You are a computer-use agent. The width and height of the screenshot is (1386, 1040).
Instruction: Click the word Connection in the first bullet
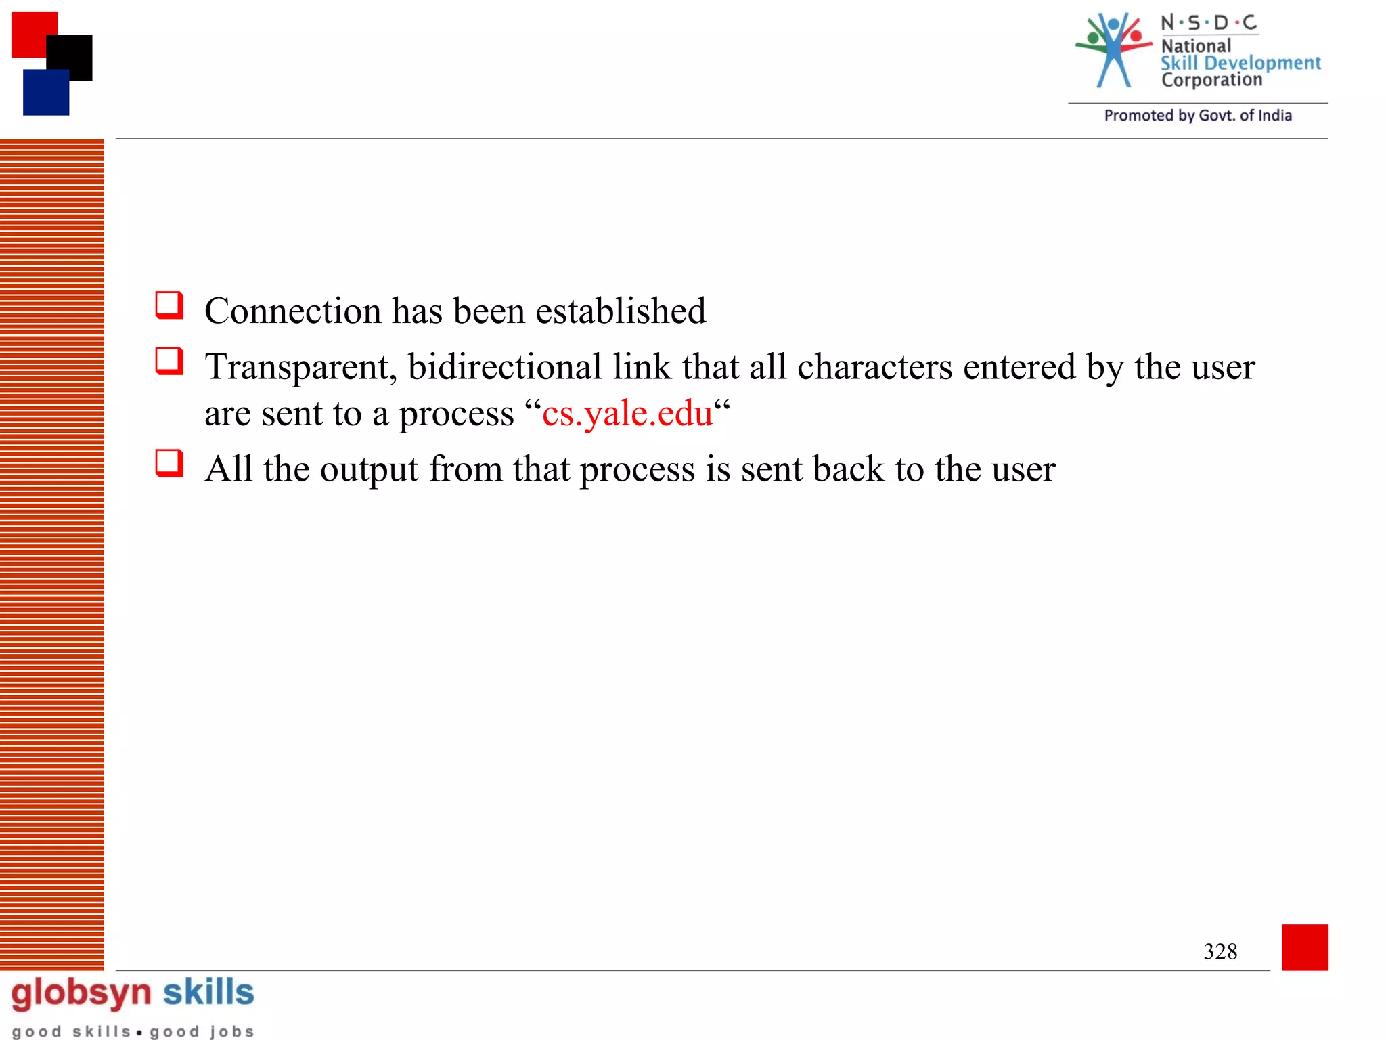(x=292, y=311)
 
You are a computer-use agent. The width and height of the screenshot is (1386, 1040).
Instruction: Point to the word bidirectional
(x=505, y=368)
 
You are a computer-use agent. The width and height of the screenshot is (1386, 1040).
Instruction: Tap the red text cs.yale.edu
(x=627, y=414)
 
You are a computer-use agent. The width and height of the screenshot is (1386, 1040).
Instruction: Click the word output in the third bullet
(x=369, y=469)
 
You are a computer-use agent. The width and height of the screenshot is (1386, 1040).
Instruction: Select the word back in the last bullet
(x=848, y=469)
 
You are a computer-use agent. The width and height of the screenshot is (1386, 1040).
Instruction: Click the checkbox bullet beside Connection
(x=169, y=305)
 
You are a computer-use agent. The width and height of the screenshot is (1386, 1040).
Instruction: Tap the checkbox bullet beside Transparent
(x=169, y=362)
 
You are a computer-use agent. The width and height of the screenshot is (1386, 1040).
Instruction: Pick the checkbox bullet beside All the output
(x=169, y=464)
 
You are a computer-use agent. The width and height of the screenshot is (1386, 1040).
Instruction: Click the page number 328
(x=1220, y=952)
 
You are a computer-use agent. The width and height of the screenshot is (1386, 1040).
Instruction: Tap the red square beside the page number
(x=1305, y=947)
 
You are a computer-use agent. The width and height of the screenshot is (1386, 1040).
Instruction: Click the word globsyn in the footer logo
(x=81, y=993)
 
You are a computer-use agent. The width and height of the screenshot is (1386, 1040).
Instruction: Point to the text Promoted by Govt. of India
(x=1198, y=116)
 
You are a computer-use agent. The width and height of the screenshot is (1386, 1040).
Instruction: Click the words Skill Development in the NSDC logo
(x=1240, y=63)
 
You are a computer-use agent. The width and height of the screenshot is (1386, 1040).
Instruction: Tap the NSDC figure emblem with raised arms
(x=1113, y=51)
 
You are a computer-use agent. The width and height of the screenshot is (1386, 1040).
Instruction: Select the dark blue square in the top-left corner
(x=45, y=93)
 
